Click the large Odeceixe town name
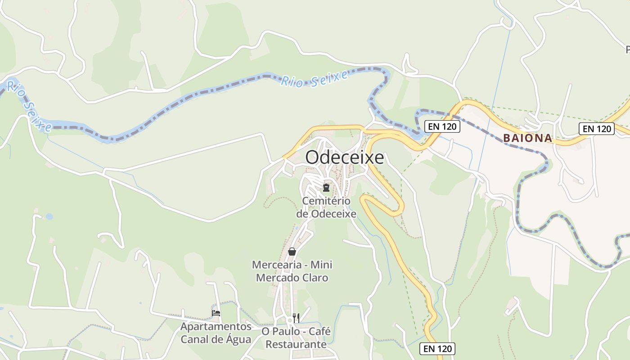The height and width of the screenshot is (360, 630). [345, 157]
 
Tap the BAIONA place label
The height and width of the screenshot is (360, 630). [527, 138]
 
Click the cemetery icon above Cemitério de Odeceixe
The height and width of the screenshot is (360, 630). [326, 187]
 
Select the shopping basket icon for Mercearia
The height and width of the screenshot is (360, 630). [292, 252]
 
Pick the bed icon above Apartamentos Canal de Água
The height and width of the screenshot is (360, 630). [216, 313]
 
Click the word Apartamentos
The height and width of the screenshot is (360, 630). [216, 326]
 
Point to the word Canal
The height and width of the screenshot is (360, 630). [196, 339]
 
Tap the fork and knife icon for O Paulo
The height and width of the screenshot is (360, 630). [296, 318]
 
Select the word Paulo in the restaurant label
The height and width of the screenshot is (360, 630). [287, 332]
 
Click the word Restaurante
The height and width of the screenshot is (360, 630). [296, 344]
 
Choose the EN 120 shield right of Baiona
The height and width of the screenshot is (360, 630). [596, 129]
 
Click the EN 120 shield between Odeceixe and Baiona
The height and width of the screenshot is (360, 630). [442, 126]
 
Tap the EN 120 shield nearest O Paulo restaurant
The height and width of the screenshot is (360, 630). [437, 348]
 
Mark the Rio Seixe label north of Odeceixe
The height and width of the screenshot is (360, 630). [315, 79]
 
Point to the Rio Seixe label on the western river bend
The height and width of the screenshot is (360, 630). [29, 106]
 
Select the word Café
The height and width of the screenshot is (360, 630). [319, 332]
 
